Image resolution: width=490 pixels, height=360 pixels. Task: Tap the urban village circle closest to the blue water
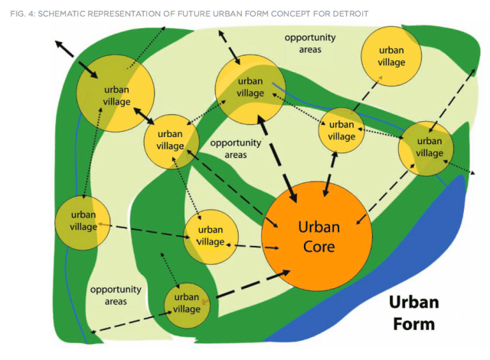click(x=426, y=147)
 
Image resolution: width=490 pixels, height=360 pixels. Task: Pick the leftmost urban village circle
click(x=78, y=222)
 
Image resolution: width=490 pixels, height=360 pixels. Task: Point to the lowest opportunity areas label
click(x=116, y=295)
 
